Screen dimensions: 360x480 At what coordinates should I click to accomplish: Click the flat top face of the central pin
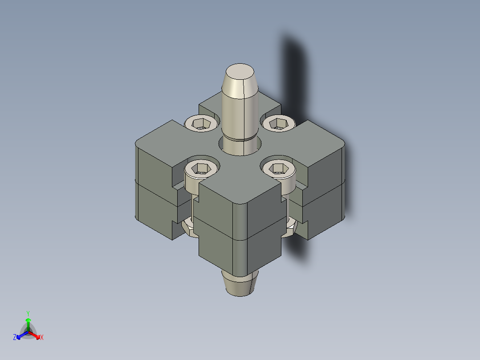(240, 72)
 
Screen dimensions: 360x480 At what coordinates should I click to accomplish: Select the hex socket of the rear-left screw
(202, 123)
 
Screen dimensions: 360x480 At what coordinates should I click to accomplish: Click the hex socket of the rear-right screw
(279, 123)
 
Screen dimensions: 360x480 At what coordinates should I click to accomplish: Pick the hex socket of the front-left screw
(202, 168)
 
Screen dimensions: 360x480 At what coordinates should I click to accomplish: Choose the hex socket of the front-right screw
(279, 168)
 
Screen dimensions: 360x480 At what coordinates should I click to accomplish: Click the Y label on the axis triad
(28, 313)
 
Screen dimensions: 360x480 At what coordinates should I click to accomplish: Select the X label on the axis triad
(41, 338)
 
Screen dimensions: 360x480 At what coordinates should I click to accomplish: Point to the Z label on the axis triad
(15, 338)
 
